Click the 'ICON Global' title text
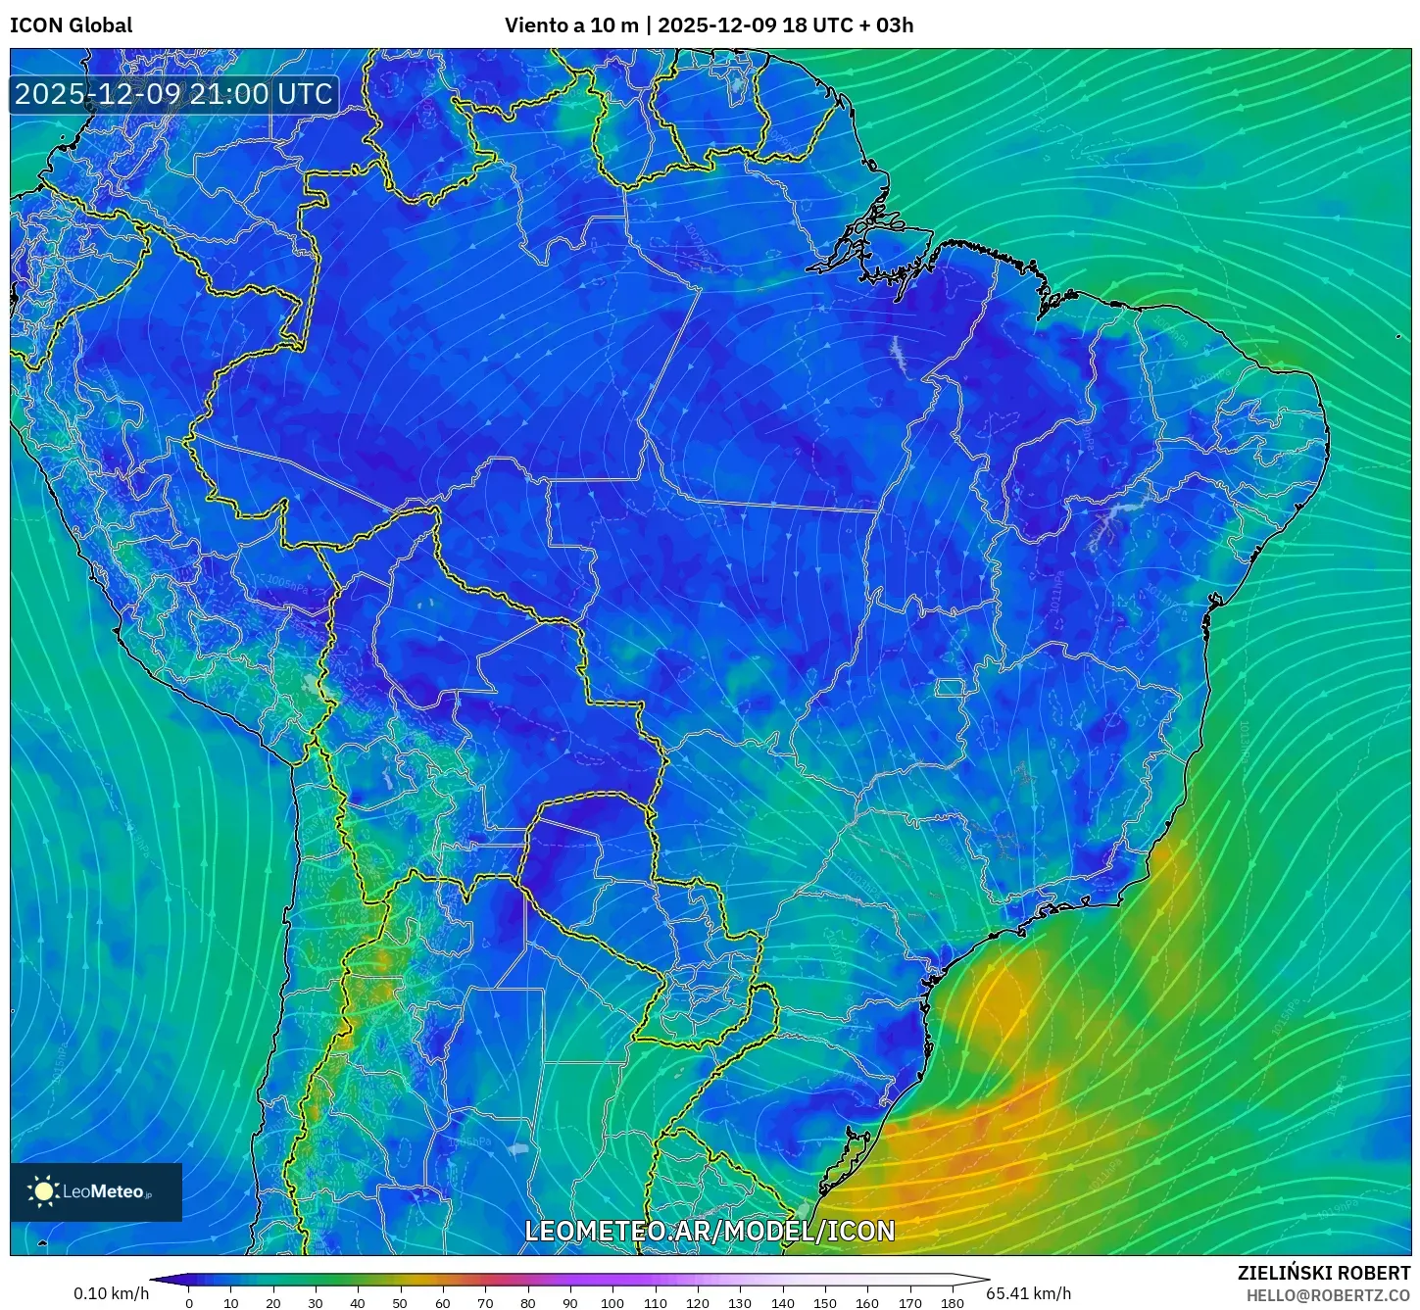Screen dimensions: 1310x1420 71,25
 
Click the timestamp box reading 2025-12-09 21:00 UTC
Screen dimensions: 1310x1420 174,95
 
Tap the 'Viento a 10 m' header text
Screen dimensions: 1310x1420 571,25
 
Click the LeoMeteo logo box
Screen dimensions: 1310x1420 96,1192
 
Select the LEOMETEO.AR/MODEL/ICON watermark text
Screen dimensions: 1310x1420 710,1232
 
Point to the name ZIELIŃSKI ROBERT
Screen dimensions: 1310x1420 1323,1273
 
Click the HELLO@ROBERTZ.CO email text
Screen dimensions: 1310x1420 1328,1295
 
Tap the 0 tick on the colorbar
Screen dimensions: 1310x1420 189,1302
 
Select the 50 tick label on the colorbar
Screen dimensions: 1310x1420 400,1302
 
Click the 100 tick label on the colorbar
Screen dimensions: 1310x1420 612,1302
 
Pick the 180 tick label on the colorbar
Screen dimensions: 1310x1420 952,1302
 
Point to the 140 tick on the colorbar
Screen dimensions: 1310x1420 782,1302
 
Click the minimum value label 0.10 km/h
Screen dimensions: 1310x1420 111,1293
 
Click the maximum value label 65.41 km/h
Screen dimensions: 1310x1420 1028,1293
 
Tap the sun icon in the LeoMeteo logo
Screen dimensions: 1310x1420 43,1191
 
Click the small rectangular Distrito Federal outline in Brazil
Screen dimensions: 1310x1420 949,688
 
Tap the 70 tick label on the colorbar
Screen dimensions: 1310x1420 485,1302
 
